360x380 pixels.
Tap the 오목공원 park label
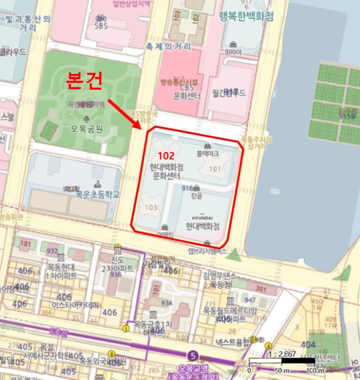86,129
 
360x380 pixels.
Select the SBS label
101,25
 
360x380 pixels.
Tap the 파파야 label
232,52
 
